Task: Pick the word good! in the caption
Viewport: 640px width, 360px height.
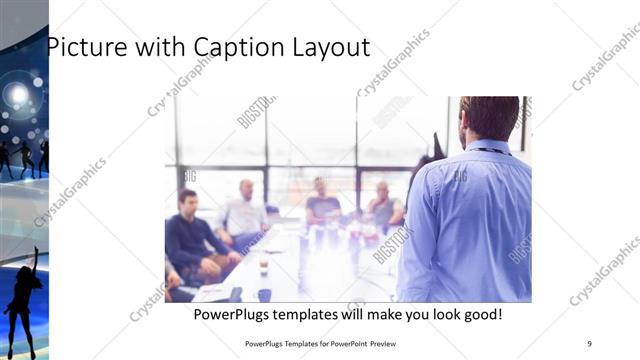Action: coord(479,315)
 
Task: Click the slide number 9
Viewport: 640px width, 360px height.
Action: coord(590,343)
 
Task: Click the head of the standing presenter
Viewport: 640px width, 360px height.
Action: coord(489,118)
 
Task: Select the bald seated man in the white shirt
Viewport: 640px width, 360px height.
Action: coord(245,211)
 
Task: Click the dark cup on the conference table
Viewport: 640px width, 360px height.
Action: coord(264,294)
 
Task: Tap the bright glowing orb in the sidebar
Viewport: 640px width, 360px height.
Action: coord(17,94)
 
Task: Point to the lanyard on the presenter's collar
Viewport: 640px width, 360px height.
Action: coord(491,151)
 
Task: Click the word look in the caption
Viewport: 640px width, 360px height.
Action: coord(430,315)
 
